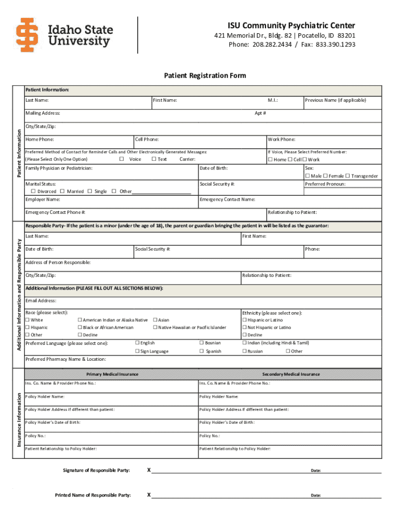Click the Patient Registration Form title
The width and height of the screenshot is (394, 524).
[x=205, y=76]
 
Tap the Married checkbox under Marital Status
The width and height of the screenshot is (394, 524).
[x=63, y=191]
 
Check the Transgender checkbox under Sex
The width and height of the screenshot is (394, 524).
[x=347, y=176]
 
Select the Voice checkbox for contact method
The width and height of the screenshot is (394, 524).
[x=121, y=159]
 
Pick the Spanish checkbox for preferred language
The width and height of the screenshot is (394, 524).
[x=201, y=352]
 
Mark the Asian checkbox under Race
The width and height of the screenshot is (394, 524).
[x=156, y=320]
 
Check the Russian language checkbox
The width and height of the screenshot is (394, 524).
[x=244, y=352]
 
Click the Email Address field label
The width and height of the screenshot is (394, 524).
[x=41, y=301]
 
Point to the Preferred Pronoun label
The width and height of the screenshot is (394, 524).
[x=325, y=184]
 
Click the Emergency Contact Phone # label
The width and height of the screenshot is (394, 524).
[x=55, y=212]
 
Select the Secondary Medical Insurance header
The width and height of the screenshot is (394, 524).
[x=291, y=375]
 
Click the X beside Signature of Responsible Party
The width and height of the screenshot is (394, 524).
[x=149, y=470]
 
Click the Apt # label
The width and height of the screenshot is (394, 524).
[x=260, y=113]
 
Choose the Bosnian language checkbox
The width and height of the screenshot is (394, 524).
[x=201, y=343]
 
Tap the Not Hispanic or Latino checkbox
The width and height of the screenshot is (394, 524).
[x=244, y=327]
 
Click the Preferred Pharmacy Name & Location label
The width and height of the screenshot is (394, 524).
[x=65, y=359]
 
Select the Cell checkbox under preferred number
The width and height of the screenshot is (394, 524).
[x=290, y=160]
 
